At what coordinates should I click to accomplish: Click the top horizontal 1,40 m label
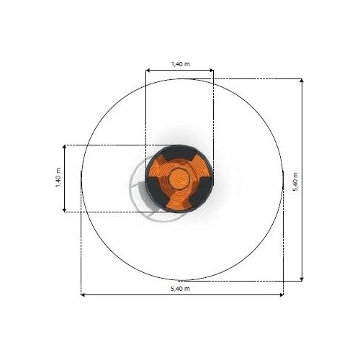[180, 64]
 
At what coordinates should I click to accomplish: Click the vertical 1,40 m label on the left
[58, 178]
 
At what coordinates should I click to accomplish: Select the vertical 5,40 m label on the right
[295, 181]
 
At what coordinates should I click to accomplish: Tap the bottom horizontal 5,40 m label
[180, 289]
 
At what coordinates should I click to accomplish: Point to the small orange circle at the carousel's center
[179, 179]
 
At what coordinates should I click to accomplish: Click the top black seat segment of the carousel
[179, 153]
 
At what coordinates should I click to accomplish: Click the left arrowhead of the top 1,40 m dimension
[148, 71]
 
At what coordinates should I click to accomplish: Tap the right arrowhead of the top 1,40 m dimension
[212, 71]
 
